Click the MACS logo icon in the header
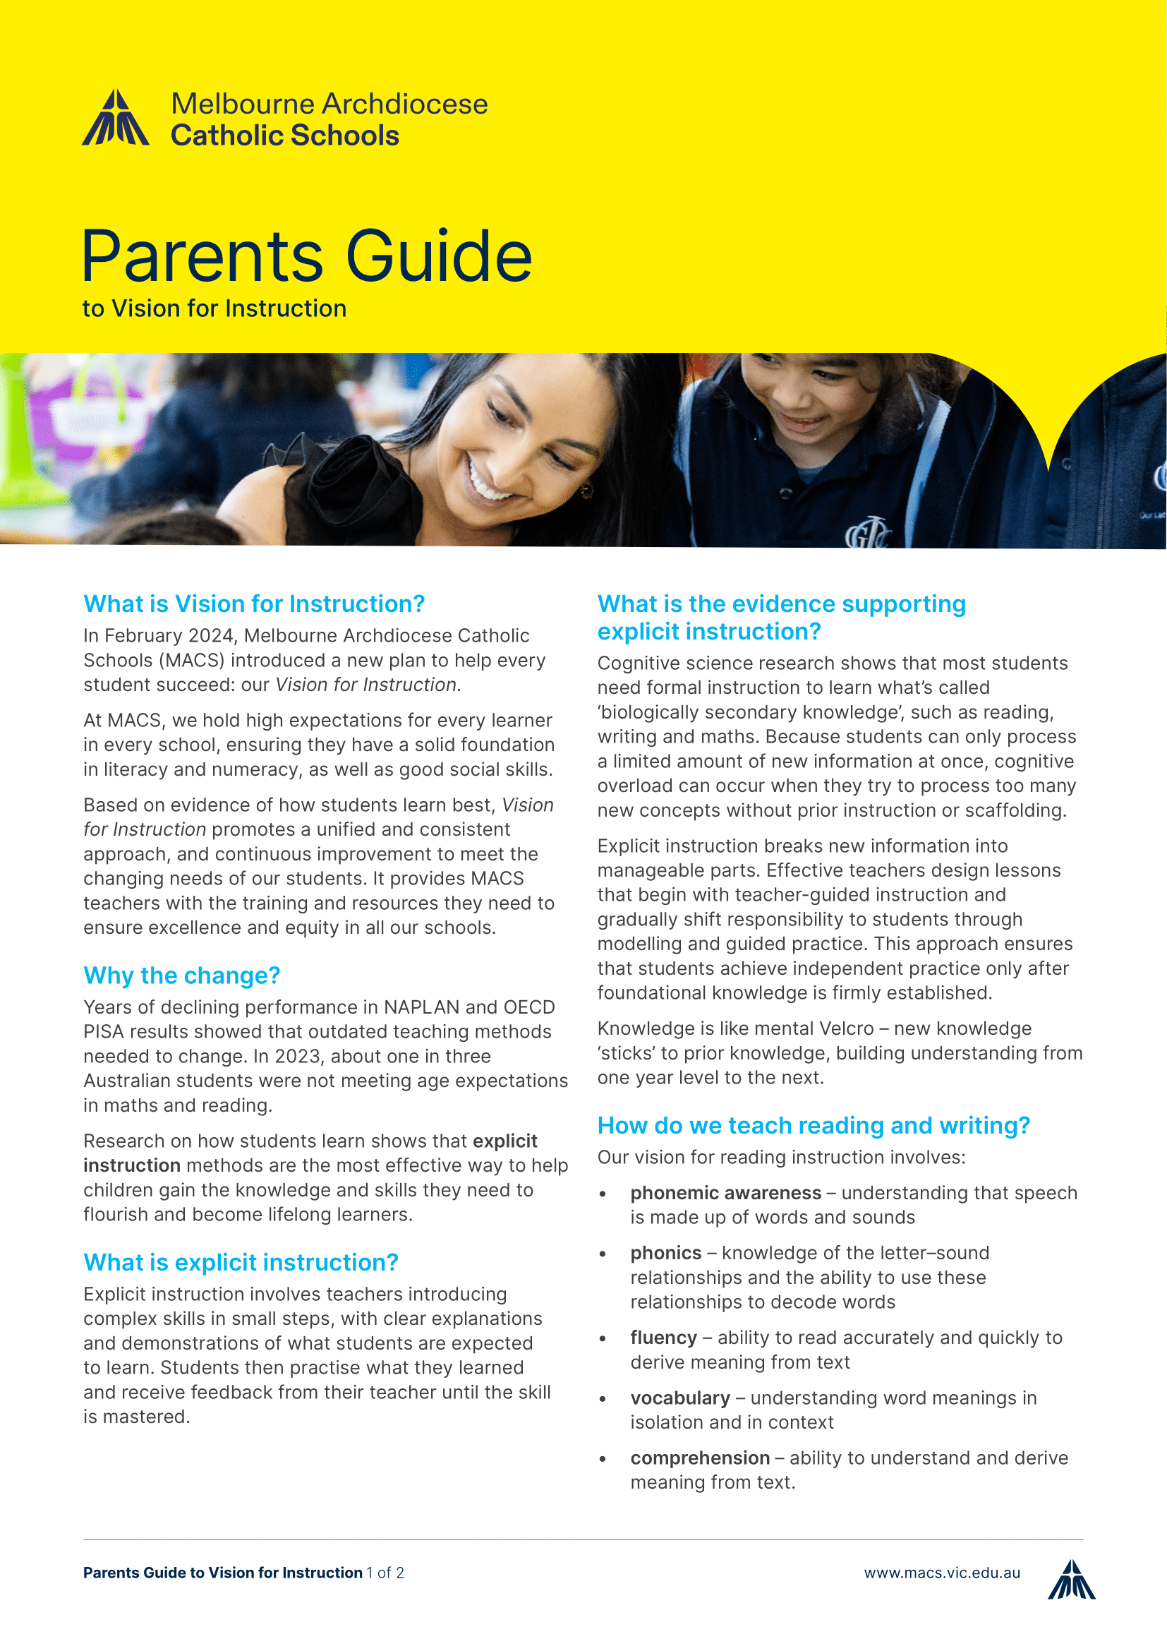click(x=116, y=119)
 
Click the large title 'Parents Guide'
click(x=307, y=257)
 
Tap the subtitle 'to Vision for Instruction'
click(x=214, y=308)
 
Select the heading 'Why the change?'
click(x=181, y=975)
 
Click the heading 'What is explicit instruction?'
click(x=241, y=1262)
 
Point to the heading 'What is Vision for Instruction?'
click(x=254, y=604)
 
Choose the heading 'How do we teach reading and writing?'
click(x=814, y=1125)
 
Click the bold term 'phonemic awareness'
click(x=725, y=1193)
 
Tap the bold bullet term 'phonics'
click(x=665, y=1253)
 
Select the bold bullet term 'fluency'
click(x=663, y=1338)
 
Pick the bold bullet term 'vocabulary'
click(x=679, y=1398)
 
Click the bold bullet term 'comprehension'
click(x=699, y=1458)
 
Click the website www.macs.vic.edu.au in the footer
click(x=941, y=1573)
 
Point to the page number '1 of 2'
click(x=385, y=1573)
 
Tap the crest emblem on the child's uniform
click(x=866, y=533)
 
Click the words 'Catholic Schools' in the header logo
click(x=284, y=136)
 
